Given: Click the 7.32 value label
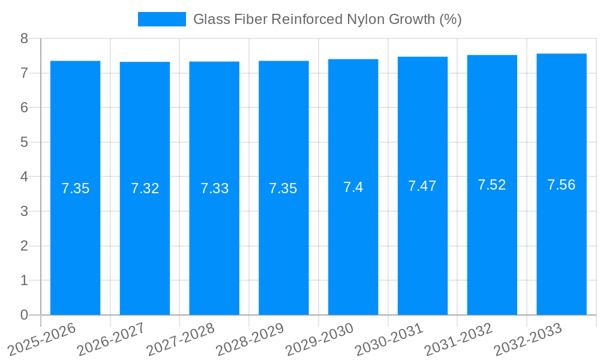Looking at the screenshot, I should pyautogui.click(x=145, y=188).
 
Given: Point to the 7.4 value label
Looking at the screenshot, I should pyautogui.click(x=353, y=187).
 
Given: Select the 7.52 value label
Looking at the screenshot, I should pyautogui.click(x=492, y=185).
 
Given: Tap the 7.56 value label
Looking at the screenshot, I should pyautogui.click(x=562, y=185).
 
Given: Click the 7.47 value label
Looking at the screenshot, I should pyautogui.click(x=422, y=186).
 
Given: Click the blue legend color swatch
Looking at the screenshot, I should pyautogui.click(x=162, y=19).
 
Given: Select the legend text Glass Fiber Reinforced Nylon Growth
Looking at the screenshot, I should pyautogui.click(x=327, y=19).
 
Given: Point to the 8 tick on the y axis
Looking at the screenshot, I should pyautogui.click(x=25, y=38).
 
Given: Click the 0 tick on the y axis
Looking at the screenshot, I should pyautogui.click(x=25, y=315).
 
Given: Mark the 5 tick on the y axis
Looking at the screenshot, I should pyautogui.click(x=25, y=142).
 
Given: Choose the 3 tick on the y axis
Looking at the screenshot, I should pyautogui.click(x=25, y=211).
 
